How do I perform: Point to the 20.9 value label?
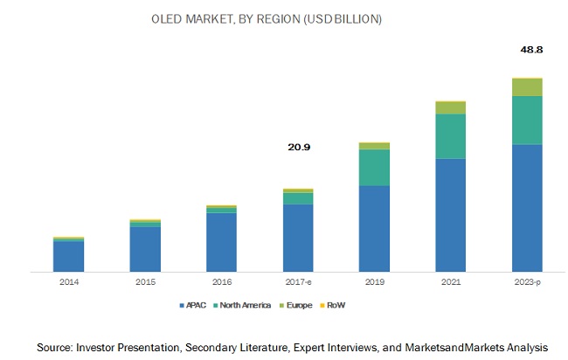click(x=298, y=147)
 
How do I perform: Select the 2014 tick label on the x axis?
click(x=68, y=282)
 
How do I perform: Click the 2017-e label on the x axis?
click(x=298, y=282)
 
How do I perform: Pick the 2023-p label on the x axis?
click(x=527, y=282)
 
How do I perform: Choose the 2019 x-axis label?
click(x=374, y=282)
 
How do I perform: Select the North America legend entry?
click(x=246, y=306)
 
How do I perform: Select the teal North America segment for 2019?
click(x=374, y=168)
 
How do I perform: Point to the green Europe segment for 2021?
click(x=451, y=107)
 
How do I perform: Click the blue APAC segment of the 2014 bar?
click(x=68, y=255)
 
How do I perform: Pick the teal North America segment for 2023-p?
click(x=527, y=120)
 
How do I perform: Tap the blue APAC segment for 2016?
click(x=221, y=242)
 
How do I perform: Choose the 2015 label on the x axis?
click(x=144, y=282)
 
